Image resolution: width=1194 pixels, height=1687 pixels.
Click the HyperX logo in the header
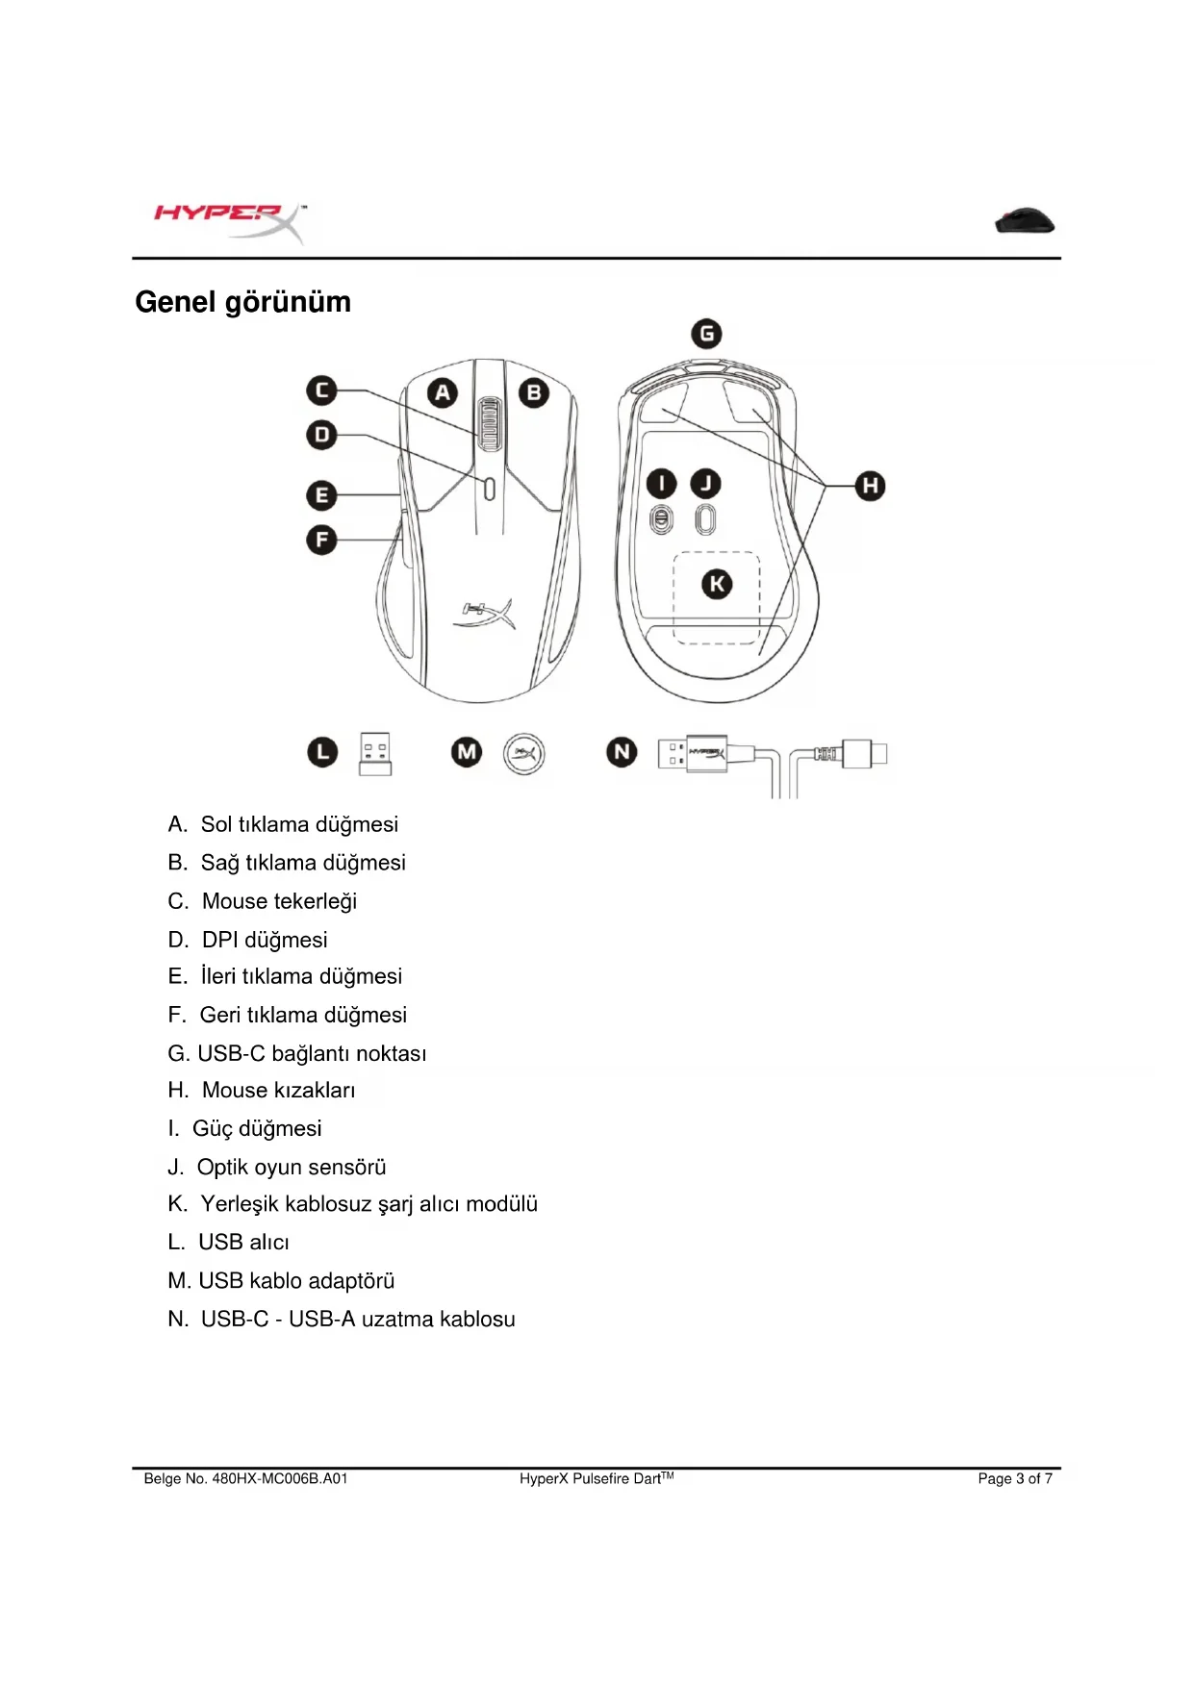tap(229, 221)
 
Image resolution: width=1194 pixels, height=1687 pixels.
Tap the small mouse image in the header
tap(1025, 221)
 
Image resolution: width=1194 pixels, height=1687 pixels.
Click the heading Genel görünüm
tap(242, 302)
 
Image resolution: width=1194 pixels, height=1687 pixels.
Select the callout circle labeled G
tap(707, 334)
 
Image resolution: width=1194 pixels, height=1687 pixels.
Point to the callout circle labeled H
tap(870, 486)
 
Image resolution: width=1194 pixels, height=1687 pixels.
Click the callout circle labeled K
tap(717, 584)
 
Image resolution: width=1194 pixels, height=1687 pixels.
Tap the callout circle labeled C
tap(321, 390)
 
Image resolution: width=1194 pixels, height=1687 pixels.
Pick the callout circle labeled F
tap(321, 540)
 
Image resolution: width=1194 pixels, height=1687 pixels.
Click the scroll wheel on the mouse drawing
tap(488, 424)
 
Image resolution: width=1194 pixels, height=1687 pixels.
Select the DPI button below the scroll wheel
tap(489, 489)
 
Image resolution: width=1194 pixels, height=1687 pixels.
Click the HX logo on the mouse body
tap(485, 613)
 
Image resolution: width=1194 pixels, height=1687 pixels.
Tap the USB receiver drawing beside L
tap(375, 753)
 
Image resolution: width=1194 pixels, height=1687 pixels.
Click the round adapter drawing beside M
tap(524, 753)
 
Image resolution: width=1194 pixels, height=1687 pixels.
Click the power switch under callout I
tap(661, 519)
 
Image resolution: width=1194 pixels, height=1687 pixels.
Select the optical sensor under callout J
tap(705, 519)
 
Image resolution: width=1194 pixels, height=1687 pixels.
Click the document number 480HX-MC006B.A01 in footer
tap(279, 1478)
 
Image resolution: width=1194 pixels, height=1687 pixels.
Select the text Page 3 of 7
tap(1015, 1478)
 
